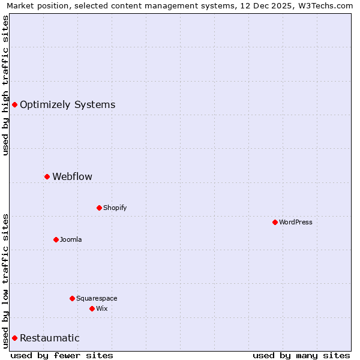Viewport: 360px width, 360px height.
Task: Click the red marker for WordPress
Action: (275, 222)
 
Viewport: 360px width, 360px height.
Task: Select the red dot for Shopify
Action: (99, 208)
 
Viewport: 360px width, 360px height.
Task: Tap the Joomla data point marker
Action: (56, 239)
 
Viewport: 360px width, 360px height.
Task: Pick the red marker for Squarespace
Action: (72, 298)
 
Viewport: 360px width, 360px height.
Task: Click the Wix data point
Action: (92, 308)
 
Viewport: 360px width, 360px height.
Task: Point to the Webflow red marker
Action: (47, 176)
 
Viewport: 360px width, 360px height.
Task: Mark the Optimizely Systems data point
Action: (14, 104)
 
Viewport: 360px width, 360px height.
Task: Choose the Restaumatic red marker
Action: (14, 338)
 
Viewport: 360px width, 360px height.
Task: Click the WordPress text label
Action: (296, 222)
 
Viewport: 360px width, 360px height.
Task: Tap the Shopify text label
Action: (115, 208)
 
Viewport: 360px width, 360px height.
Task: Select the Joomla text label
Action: (71, 239)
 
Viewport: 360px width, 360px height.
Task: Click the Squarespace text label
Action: (97, 298)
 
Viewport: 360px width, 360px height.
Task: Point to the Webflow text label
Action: (73, 176)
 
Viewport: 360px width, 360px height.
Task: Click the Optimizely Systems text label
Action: (67, 104)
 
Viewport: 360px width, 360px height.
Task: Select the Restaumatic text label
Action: (50, 338)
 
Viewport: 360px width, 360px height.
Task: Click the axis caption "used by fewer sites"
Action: (62, 355)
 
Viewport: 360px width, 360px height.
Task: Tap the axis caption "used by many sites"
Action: (301, 355)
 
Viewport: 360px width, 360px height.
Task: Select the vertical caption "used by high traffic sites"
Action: (5, 85)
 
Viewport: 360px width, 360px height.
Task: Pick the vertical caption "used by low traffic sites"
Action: (5, 280)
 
